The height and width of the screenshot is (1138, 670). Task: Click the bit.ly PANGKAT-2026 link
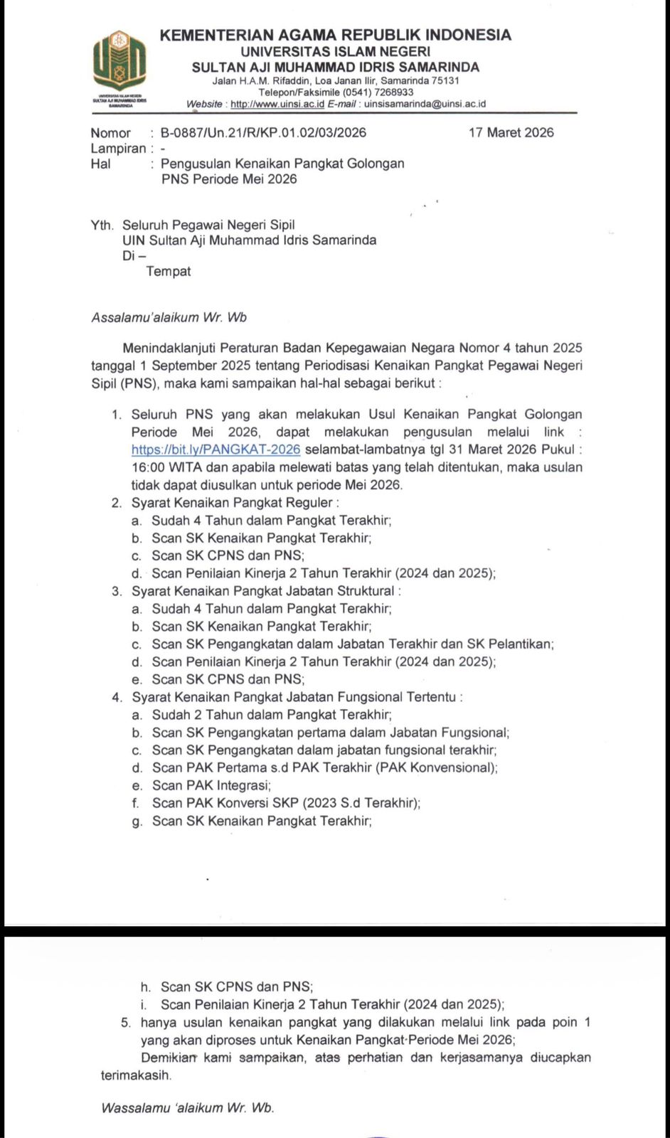pyautogui.click(x=216, y=450)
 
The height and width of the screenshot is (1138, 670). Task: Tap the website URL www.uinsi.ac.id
pyautogui.click(x=277, y=104)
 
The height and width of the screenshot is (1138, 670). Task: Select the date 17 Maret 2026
pyautogui.click(x=511, y=133)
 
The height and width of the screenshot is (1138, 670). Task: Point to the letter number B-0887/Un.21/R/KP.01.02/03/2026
pyautogui.click(x=263, y=133)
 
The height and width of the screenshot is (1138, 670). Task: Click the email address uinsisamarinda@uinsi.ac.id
pyautogui.click(x=425, y=104)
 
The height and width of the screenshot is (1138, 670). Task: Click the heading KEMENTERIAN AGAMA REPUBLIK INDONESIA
pyautogui.click(x=336, y=35)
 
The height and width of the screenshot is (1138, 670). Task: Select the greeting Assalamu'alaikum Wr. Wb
pyautogui.click(x=169, y=318)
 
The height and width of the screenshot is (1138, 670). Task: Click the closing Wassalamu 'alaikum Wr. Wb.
pyautogui.click(x=188, y=1108)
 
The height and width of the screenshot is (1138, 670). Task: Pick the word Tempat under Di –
pyautogui.click(x=169, y=271)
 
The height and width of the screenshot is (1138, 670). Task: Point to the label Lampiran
pyautogui.click(x=118, y=149)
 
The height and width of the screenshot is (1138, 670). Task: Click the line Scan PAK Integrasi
pyautogui.click(x=211, y=785)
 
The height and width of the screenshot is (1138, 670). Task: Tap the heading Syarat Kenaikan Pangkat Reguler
pyautogui.click(x=231, y=503)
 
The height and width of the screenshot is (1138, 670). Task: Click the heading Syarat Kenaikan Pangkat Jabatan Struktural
pyautogui.click(x=265, y=591)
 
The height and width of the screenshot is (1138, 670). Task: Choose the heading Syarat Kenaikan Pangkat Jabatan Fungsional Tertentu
pyautogui.click(x=297, y=697)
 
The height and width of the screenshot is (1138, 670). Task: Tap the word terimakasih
pyautogui.click(x=136, y=1075)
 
